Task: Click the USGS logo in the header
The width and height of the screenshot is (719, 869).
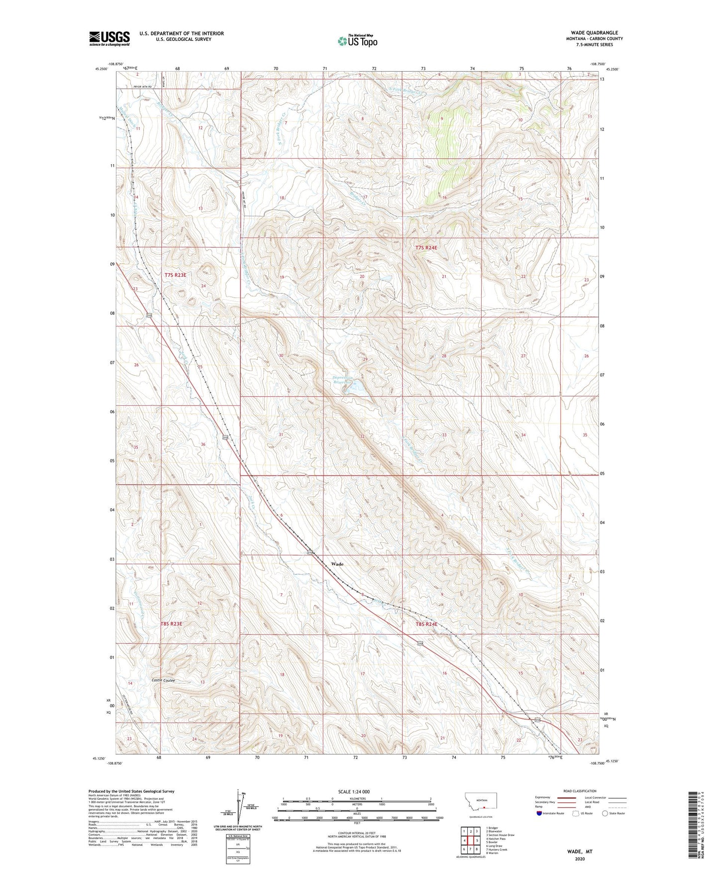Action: pyautogui.click(x=109, y=38)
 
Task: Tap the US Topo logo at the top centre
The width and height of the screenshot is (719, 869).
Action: pyautogui.click(x=357, y=41)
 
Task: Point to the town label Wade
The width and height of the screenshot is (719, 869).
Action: pyautogui.click(x=337, y=564)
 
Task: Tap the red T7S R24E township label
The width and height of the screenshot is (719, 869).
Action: pyautogui.click(x=426, y=247)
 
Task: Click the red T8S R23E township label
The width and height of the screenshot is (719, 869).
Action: pyautogui.click(x=172, y=624)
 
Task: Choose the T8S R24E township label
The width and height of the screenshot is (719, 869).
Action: pyautogui.click(x=426, y=624)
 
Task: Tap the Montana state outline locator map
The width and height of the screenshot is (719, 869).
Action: pyautogui.click(x=480, y=801)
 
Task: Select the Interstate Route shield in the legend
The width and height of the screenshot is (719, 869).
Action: pyautogui.click(x=539, y=814)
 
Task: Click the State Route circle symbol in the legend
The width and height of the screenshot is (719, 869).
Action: pyautogui.click(x=605, y=814)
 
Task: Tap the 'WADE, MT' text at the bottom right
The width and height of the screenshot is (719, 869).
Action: pyautogui.click(x=580, y=852)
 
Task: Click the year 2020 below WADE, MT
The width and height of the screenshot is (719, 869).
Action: pyautogui.click(x=580, y=859)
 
